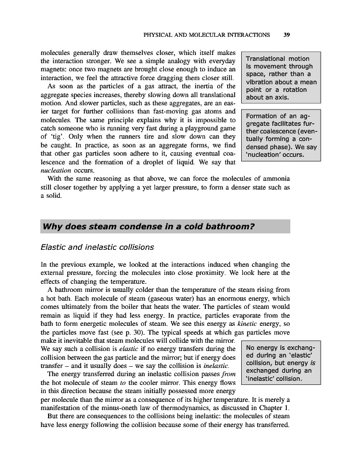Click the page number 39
click(x=287, y=35)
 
